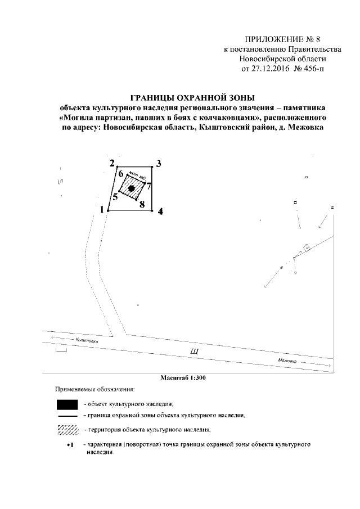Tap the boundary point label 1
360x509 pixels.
102,210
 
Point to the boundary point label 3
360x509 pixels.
159,164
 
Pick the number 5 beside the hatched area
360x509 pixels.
115,196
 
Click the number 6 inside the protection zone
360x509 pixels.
120,174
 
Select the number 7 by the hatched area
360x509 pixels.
149,186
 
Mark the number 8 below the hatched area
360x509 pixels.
142,204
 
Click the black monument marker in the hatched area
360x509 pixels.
131,189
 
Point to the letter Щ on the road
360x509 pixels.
195,352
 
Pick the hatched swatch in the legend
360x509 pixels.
67,430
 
